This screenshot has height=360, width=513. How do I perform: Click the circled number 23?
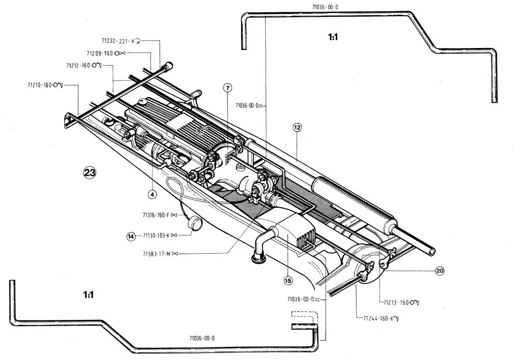(89, 173)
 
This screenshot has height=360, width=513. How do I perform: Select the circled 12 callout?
(297, 127)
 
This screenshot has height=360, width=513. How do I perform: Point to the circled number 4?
(153, 194)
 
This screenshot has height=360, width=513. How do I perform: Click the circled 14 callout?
(131, 236)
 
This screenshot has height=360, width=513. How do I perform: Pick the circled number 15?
(288, 280)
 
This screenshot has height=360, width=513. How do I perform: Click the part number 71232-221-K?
(118, 40)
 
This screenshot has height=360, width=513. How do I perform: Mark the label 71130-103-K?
(160, 235)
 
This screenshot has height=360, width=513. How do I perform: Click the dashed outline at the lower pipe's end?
(305, 318)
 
